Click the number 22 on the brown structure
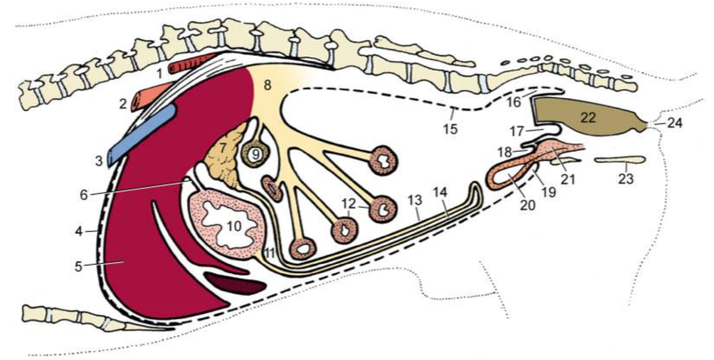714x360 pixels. pos(589,118)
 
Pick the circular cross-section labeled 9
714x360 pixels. pos(256,154)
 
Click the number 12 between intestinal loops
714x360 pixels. pos(348,204)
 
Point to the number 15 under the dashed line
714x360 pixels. pos(451,129)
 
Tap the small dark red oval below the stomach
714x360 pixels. pos(234,283)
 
